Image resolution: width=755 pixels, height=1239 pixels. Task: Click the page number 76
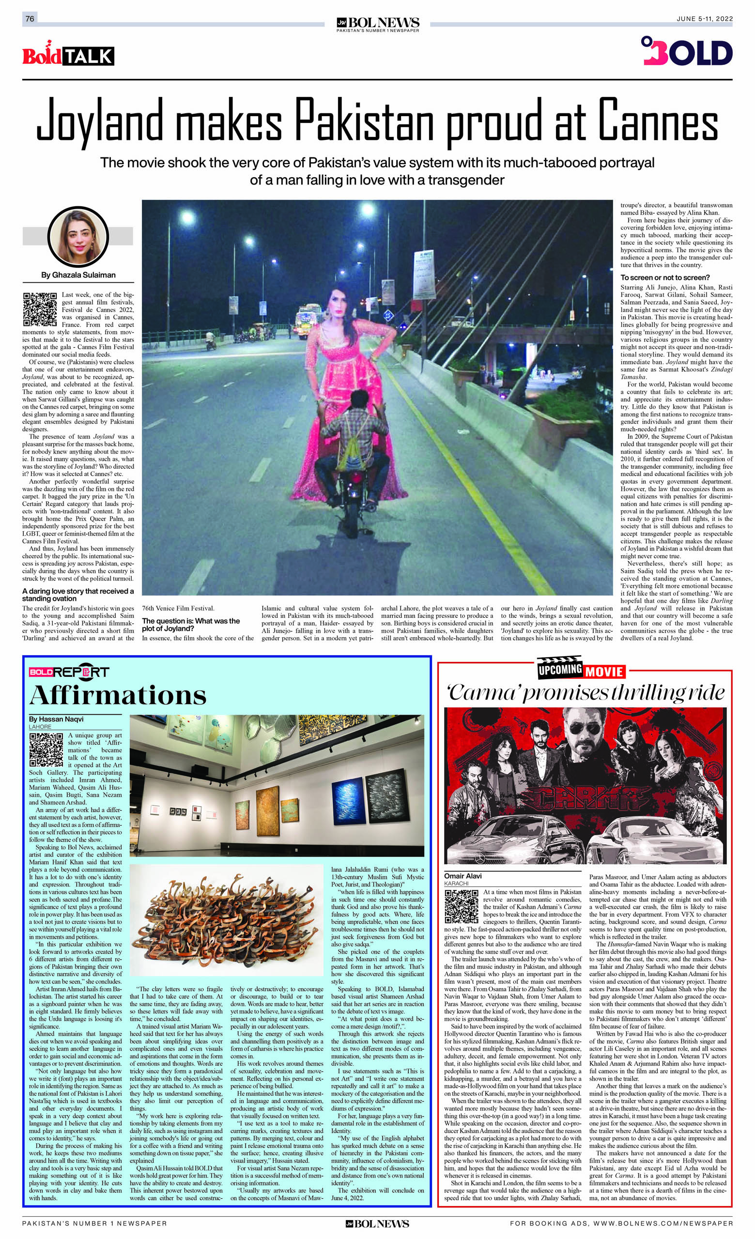pos(30,18)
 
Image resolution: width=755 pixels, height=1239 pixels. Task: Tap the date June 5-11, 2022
pos(704,18)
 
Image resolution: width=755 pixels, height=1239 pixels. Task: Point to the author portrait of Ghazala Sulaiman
pos(77,236)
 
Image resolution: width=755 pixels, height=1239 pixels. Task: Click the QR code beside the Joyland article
pos(40,309)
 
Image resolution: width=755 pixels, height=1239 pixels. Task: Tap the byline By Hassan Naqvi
pos(56,719)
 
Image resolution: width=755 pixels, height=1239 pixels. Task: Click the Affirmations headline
pos(118,695)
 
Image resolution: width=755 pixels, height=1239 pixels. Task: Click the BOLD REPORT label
pos(69,672)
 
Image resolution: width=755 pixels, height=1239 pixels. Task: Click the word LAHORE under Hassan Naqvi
pos(40,727)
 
